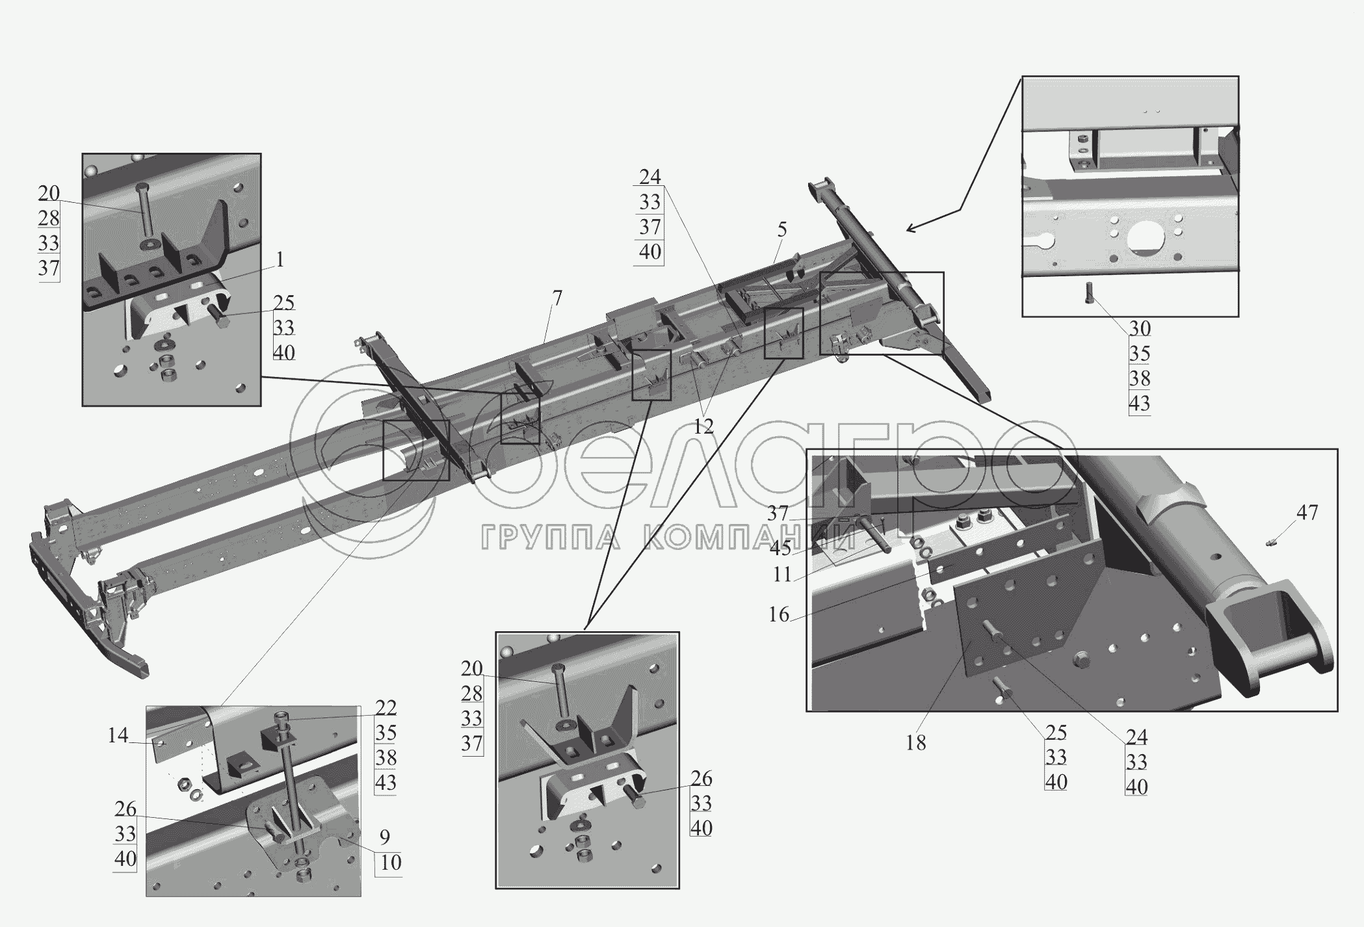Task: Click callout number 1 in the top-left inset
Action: point(280,261)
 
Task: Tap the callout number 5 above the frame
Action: point(781,229)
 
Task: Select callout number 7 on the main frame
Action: point(557,298)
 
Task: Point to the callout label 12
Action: point(703,426)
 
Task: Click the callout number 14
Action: point(118,736)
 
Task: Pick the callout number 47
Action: point(1307,513)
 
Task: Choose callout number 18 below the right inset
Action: point(915,742)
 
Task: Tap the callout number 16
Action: point(779,614)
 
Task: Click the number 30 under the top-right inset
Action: point(1140,329)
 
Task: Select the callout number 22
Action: point(386,708)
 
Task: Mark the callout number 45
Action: point(780,549)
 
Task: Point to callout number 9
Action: point(385,837)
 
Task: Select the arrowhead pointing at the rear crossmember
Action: point(913,228)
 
